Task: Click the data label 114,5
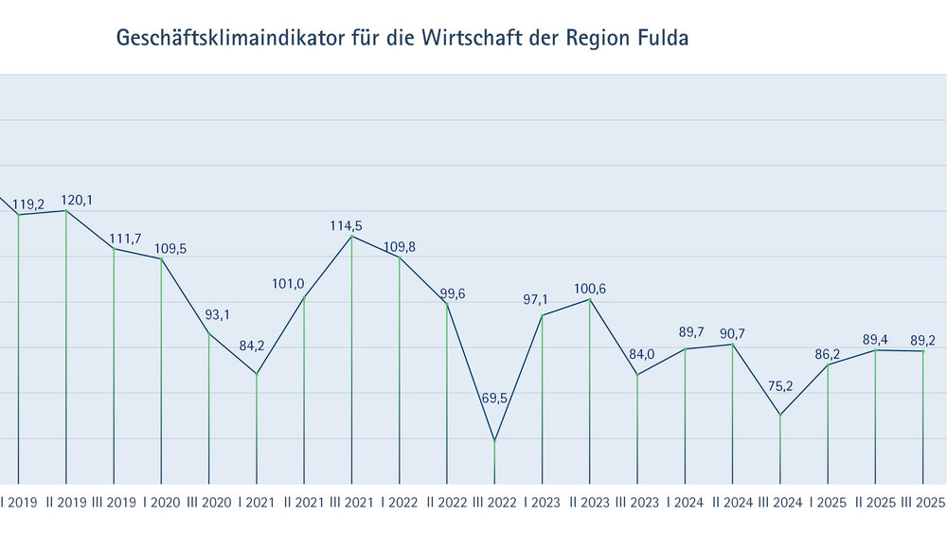347,225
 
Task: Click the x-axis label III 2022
492,503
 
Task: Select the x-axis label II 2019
65,503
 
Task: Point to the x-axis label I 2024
685,503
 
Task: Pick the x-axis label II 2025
875,503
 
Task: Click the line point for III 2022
494,440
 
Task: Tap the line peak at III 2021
352,236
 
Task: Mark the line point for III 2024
780,415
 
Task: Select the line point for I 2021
257,374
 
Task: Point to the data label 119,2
29,204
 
